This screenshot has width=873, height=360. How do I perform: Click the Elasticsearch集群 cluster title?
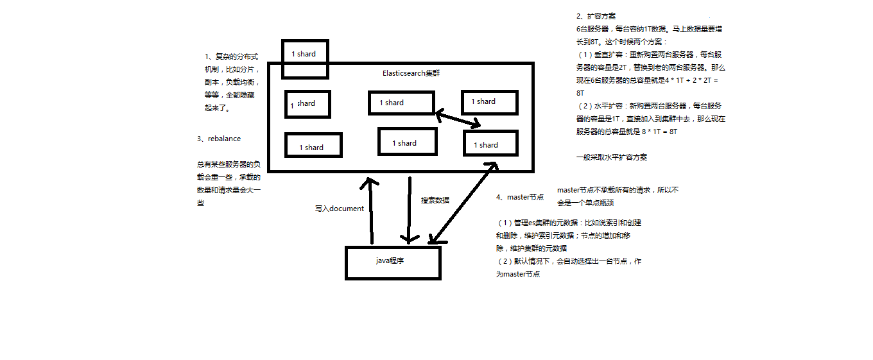tap(411, 73)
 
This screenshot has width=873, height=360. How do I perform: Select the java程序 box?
tap(393, 262)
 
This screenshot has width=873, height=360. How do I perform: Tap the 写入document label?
tap(339, 208)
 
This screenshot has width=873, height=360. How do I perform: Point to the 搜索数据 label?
tap(435, 200)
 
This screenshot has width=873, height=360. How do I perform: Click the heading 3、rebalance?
tap(220, 139)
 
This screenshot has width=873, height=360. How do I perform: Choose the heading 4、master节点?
tap(520, 197)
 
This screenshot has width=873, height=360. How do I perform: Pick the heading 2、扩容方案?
tap(596, 16)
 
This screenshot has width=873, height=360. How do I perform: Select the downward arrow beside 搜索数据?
tap(408, 209)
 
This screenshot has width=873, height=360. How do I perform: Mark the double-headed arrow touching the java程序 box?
tap(463, 203)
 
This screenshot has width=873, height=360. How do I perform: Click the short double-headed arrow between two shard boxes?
tap(458, 119)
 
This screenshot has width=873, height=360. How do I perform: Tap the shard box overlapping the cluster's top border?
tap(304, 54)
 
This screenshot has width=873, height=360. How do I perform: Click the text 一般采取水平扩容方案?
tap(611, 157)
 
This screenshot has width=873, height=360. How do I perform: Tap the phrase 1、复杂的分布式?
tap(231, 56)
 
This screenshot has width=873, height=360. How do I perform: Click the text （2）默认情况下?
tap(526, 261)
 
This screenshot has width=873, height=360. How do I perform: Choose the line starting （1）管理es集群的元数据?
tap(569, 223)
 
